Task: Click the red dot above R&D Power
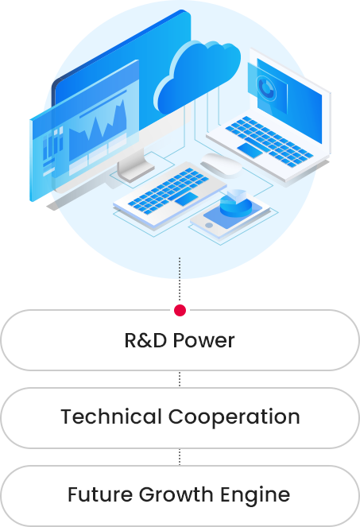pyautogui.click(x=180, y=310)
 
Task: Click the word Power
pyautogui.click(x=203, y=340)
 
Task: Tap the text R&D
pyautogui.click(x=145, y=340)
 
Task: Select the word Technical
pyautogui.click(x=111, y=417)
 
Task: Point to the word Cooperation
pyautogui.click(x=234, y=417)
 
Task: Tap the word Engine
pyautogui.click(x=255, y=495)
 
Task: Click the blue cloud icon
pyautogui.click(x=198, y=76)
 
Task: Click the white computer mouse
pyautogui.click(x=221, y=165)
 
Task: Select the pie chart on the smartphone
pyautogui.click(x=236, y=203)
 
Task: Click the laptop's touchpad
pyautogui.click(x=250, y=150)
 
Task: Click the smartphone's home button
pyautogui.click(x=209, y=225)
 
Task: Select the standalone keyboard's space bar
pyautogui.click(x=187, y=199)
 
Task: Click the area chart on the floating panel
pyautogui.click(x=98, y=132)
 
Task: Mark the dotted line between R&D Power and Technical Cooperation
pyautogui.click(x=180, y=379)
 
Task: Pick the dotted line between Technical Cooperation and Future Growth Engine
pyautogui.click(x=180, y=457)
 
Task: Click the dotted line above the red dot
pyautogui.click(x=180, y=280)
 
